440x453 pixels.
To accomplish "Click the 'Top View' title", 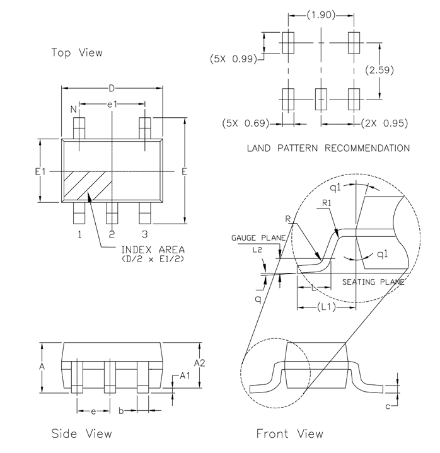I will [76, 53].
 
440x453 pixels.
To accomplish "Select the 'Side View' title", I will [81, 433].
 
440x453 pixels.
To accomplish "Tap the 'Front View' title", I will [289, 433].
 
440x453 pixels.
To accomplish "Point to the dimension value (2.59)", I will [382, 70].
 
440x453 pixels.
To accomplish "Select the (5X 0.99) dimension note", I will [233, 59].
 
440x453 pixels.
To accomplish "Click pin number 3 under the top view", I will [144, 235].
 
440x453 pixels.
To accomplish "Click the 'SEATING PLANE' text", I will [373, 282].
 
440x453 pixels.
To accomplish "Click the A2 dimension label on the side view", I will [200, 362].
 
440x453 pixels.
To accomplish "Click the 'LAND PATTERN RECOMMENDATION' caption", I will [328, 149].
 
